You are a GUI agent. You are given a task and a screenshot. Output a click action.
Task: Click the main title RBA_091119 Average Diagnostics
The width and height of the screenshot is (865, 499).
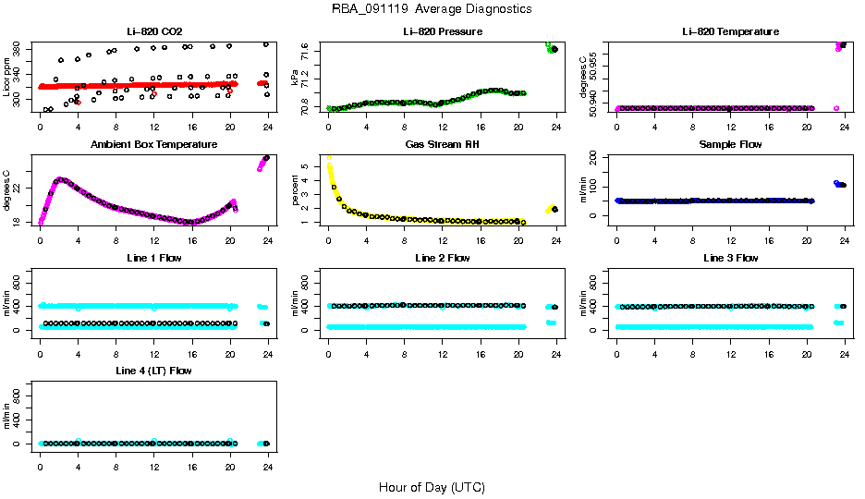[432, 8]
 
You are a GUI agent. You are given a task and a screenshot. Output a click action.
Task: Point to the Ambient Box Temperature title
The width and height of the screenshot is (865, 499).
[154, 145]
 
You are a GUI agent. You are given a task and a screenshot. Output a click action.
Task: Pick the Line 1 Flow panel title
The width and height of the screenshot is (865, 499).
[154, 258]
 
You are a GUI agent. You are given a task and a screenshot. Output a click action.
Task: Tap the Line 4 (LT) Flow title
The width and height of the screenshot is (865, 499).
[154, 371]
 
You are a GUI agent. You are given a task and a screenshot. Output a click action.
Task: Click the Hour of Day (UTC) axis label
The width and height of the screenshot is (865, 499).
[432, 487]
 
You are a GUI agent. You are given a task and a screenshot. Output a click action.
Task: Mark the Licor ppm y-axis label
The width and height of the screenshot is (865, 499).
[7, 78]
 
